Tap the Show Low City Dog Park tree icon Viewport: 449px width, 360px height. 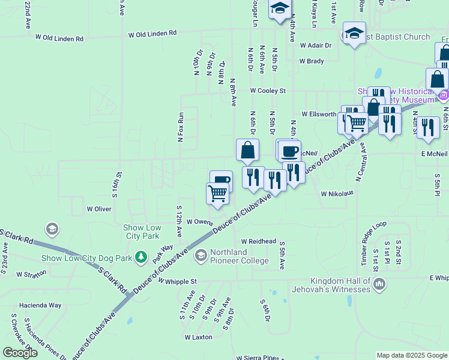pyautogui.click(x=141, y=257)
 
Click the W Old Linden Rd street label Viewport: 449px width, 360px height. pyautogui.click(x=152, y=34)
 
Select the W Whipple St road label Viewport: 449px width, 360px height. pyautogui.click(x=178, y=281)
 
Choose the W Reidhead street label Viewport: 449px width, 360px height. pyautogui.click(x=259, y=241)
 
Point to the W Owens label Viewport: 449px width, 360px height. pyautogui.click(x=200, y=222)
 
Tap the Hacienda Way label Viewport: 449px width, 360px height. pyautogui.click(x=41, y=305)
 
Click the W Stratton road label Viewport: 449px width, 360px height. pyautogui.click(x=32, y=274)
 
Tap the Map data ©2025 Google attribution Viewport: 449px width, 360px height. pyautogui.click(x=412, y=355)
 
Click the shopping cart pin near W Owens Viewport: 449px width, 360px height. pyautogui.click(x=217, y=194)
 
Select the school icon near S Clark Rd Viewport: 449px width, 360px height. pyautogui.click(x=52, y=229)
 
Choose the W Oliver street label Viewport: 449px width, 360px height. pyautogui.click(x=99, y=209)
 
